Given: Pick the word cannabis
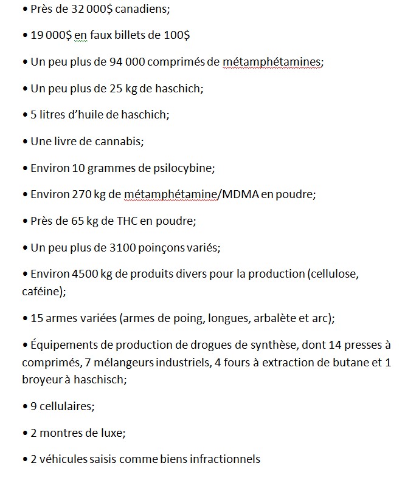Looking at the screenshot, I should (120, 142).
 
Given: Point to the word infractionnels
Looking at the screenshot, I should (225, 459).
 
